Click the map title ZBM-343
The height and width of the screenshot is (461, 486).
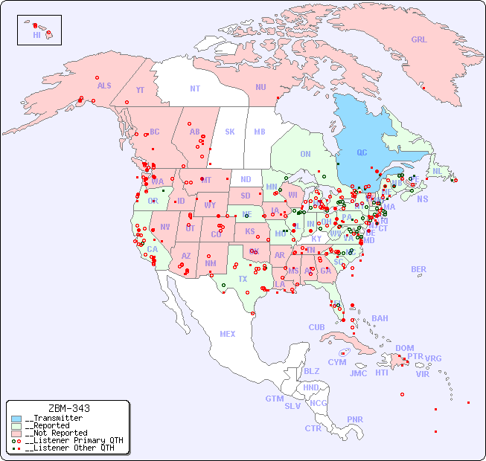pyautogui.click(x=68, y=408)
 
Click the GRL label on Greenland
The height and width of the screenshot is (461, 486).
pyautogui.click(x=419, y=39)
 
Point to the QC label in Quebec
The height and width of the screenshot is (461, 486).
pyautogui.click(x=362, y=153)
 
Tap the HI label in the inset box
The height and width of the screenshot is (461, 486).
pyautogui.click(x=36, y=35)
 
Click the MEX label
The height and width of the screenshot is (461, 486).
pyautogui.click(x=227, y=334)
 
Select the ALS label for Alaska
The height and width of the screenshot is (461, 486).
pyautogui.click(x=104, y=86)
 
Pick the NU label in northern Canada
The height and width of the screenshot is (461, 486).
pyautogui.click(x=260, y=87)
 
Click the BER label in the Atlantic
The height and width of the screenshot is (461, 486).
pyautogui.click(x=418, y=269)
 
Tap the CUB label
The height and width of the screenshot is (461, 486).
pyautogui.click(x=316, y=327)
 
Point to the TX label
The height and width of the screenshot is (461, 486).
pyautogui.click(x=243, y=279)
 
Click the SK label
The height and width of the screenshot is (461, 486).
pyautogui.click(x=230, y=132)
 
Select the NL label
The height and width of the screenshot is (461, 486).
pyautogui.click(x=437, y=170)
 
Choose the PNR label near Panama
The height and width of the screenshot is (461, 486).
pyautogui.click(x=355, y=419)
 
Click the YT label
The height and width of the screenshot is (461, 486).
pyautogui.click(x=140, y=90)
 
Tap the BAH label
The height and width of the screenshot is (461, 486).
pyautogui.click(x=380, y=318)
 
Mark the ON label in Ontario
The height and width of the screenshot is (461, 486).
pyautogui.click(x=305, y=154)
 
